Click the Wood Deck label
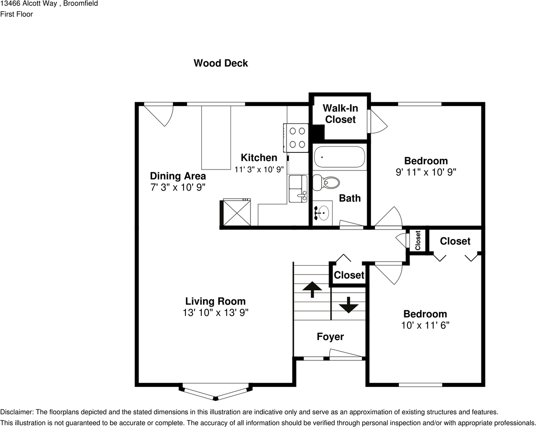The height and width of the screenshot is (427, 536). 221,63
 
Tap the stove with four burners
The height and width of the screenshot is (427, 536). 296,138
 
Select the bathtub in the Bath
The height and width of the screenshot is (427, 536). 339,157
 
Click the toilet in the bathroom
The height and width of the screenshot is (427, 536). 327,182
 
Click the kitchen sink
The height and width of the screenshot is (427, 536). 298,188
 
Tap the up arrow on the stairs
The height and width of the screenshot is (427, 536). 312,289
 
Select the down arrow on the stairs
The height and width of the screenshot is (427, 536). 348,305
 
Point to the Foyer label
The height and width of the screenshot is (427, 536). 330,337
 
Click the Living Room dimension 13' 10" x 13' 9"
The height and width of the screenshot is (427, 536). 215,312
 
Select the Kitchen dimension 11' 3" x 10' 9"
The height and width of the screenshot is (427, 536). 259,170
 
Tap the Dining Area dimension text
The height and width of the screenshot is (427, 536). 178,187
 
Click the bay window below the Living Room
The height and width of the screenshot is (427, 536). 215,392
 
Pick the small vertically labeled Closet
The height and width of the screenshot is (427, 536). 417,240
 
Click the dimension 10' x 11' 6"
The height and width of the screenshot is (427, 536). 425,325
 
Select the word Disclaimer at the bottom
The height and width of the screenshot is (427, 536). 16,412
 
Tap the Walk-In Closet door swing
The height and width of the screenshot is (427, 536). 377,121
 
